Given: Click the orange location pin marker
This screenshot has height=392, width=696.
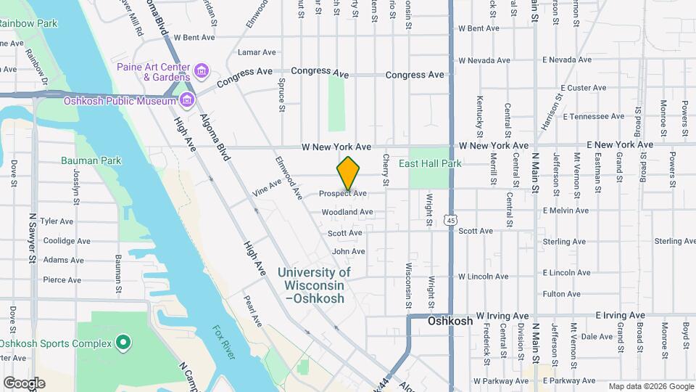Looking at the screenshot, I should coord(348,174).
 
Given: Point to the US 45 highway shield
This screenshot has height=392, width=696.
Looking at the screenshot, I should coord(451,220).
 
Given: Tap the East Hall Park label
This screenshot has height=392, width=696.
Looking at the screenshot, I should coord(430,164).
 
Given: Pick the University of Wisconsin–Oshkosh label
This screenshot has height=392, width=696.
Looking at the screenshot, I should coord(314,285).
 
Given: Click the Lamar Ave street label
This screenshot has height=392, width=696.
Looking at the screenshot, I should coord(257,52).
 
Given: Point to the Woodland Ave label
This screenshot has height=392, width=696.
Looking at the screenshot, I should coord(347,212).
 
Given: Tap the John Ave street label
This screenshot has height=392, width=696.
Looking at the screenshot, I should coord(348,251).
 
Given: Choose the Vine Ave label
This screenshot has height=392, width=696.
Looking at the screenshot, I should coord(267,187).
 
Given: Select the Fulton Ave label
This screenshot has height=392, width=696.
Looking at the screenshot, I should coord(561,294).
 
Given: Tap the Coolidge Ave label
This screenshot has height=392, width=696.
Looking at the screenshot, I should coord(67,241).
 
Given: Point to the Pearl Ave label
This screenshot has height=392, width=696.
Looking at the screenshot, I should coord(252,310).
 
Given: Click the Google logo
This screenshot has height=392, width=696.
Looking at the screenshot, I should coord(24,383).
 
